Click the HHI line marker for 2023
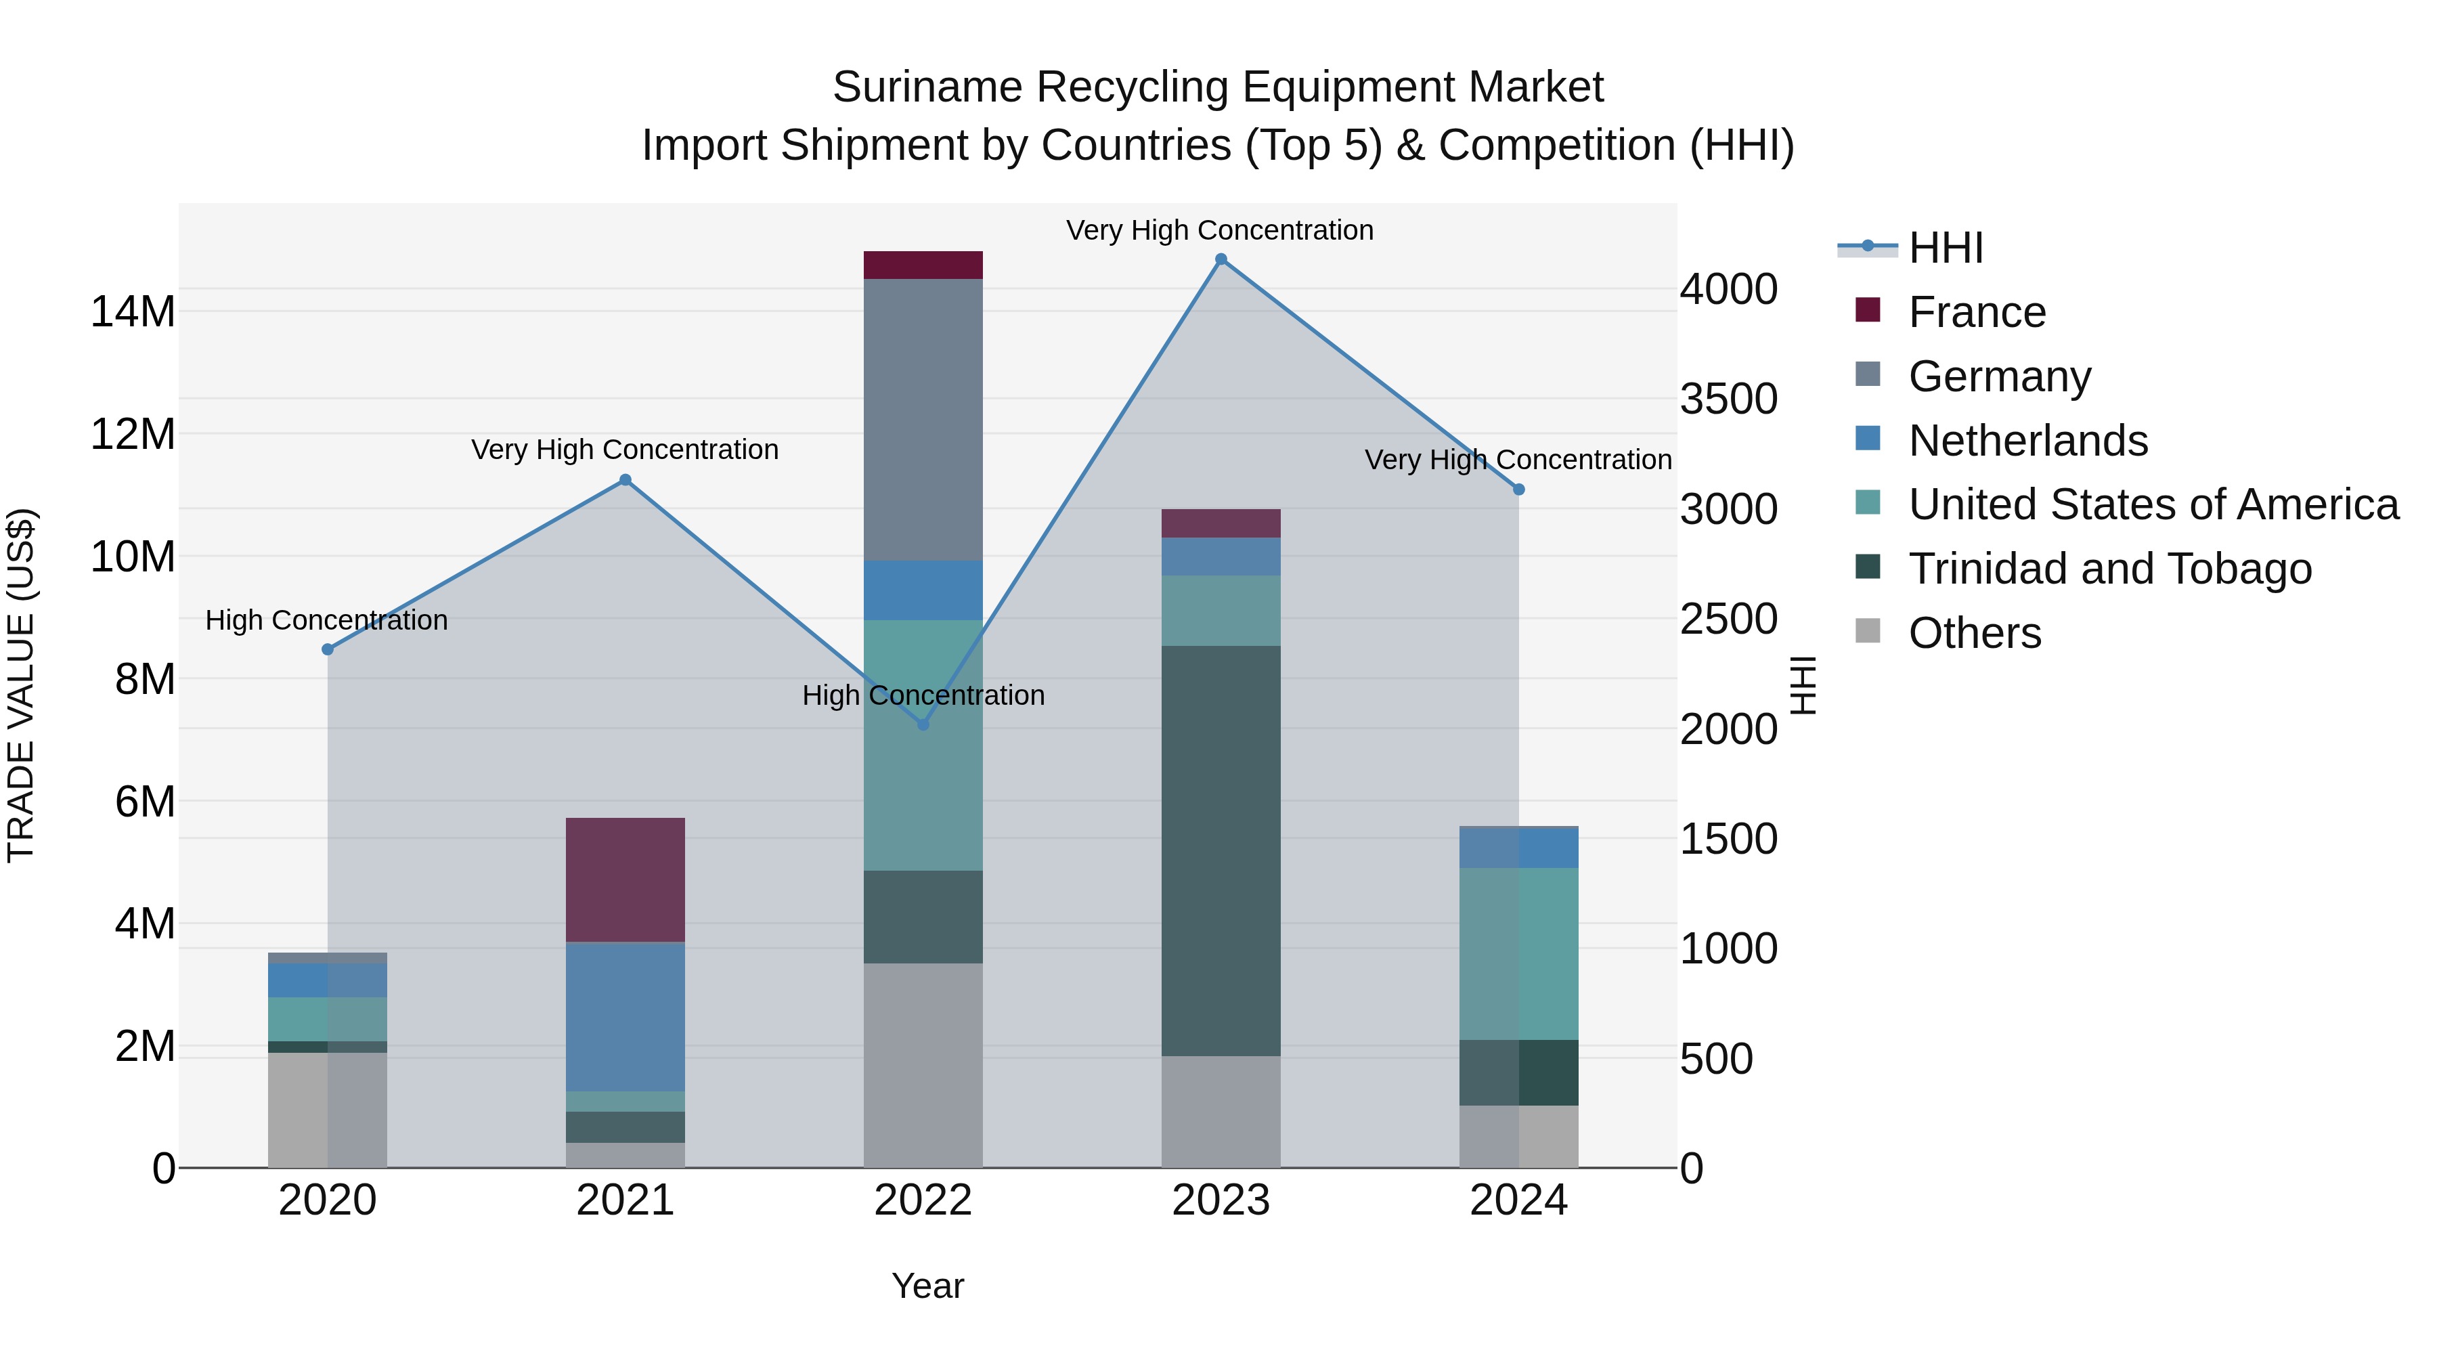coord(1221,259)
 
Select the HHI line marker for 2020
coord(328,649)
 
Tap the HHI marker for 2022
coord(923,724)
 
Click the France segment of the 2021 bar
coord(625,880)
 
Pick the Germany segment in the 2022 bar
coord(923,419)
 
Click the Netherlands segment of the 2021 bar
coord(625,1017)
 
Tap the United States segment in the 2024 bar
coord(1518,954)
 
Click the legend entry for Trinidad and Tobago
coord(2109,569)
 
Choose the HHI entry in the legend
coord(1945,248)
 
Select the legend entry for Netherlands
coord(2027,441)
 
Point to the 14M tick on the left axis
coord(133,312)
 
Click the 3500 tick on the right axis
coord(1728,399)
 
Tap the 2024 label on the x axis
coord(1518,1200)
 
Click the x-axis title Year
coord(927,1286)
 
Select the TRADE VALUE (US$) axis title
coord(21,685)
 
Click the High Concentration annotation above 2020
coord(326,621)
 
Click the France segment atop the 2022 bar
coord(923,265)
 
